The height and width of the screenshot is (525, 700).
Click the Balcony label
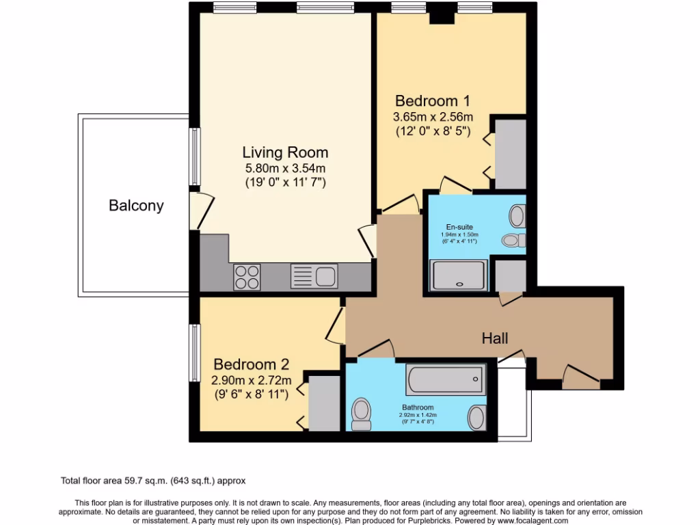point(136,205)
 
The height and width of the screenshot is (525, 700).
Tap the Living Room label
point(285,152)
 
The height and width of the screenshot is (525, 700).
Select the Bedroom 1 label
point(432,101)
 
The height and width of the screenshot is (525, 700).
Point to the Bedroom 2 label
point(251,364)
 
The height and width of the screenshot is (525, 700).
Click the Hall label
point(495,338)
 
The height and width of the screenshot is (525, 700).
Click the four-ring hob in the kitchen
point(247,277)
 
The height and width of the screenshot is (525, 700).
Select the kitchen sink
point(314,276)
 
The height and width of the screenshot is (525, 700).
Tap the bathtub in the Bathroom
point(445,378)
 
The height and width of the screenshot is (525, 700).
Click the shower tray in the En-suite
point(458,275)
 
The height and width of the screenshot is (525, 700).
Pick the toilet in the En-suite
point(511,240)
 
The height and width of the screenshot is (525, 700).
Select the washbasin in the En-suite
point(517,216)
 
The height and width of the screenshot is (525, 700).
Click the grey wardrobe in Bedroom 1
point(510,154)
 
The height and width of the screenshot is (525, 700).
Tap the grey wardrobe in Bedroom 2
point(324,403)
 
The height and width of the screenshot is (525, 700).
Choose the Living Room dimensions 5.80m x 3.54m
point(285,168)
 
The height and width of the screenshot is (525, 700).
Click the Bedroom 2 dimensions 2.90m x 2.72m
point(251,380)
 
